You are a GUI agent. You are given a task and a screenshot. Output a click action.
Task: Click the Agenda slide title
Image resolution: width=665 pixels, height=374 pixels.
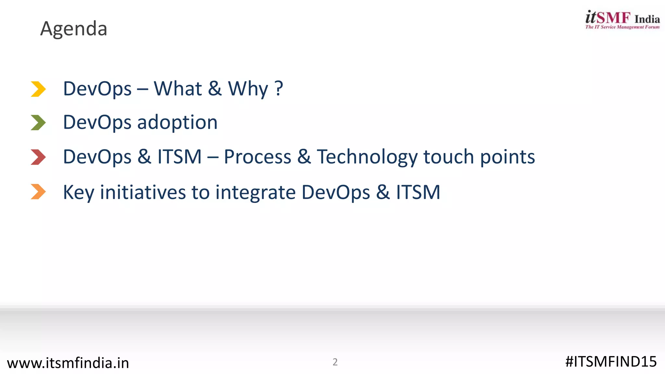pyautogui.click(x=74, y=29)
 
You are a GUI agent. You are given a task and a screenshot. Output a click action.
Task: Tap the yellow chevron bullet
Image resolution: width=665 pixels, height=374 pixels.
pyautogui.click(x=38, y=89)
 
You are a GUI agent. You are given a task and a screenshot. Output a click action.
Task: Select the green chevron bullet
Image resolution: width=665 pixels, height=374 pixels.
pyautogui.click(x=38, y=123)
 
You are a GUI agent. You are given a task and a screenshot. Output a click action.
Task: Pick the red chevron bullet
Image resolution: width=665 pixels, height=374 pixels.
pyautogui.click(x=38, y=157)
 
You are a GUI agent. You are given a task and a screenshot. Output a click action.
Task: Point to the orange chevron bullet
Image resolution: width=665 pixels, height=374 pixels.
pyautogui.click(x=38, y=192)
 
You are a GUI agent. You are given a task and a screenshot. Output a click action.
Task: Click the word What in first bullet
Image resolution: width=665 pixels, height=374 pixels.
pyautogui.click(x=178, y=89)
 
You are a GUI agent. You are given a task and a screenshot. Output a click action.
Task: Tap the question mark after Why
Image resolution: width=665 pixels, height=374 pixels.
pyautogui.click(x=279, y=89)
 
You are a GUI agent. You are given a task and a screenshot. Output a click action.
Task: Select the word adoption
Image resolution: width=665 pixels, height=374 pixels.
pyautogui.click(x=177, y=123)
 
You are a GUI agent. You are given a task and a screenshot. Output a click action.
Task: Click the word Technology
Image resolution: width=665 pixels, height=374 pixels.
pyautogui.click(x=367, y=157)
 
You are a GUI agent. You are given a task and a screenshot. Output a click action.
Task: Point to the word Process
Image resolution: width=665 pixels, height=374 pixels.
pyautogui.click(x=257, y=157)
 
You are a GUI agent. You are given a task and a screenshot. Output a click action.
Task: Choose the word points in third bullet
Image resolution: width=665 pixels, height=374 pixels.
pyautogui.click(x=507, y=157)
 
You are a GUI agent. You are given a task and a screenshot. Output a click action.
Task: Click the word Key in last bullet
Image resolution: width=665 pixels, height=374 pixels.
pyautogui.click(x=78, y=192)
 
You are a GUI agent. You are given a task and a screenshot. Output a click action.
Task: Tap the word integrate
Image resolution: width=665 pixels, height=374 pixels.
pyautogui.click(x=255, y=192)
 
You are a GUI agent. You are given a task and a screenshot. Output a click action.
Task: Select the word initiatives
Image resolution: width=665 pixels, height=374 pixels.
pyautogui.click(x=143, y=192)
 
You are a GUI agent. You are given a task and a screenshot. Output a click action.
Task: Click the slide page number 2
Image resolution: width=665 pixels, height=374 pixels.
pyautogui.click(x=335, y=362)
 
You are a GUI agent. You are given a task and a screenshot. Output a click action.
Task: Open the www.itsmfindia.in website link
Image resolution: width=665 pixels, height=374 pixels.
pyautogui.click(x=68, y=363)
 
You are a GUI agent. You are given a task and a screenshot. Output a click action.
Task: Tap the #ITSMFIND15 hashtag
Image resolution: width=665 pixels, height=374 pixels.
pyautogui.click(x=611, y=362)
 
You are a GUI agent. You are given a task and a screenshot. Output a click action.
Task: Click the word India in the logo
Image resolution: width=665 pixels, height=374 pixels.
pyautogui.click(x=647, y=19)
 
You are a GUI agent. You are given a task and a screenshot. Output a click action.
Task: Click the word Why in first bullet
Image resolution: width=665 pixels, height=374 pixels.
pyautogui.click(x=248, y=89)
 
